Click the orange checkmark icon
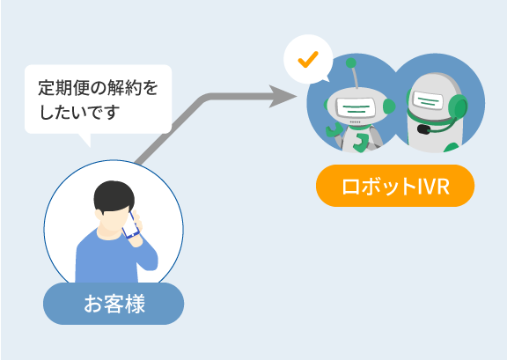tap(308, 60)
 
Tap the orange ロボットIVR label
tap(395, 186)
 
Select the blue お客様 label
tap(114, 304)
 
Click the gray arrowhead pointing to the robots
tap(283, 96)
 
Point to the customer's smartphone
tap(131, 225)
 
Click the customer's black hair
tap(114, 196)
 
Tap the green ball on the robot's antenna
tap(351, 62)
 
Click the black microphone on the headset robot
tap(423, 129)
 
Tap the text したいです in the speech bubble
tap(79, 112)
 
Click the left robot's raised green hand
tap(334, 130)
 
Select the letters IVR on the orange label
tap(434, 186)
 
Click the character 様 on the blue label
tap(135, 304)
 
